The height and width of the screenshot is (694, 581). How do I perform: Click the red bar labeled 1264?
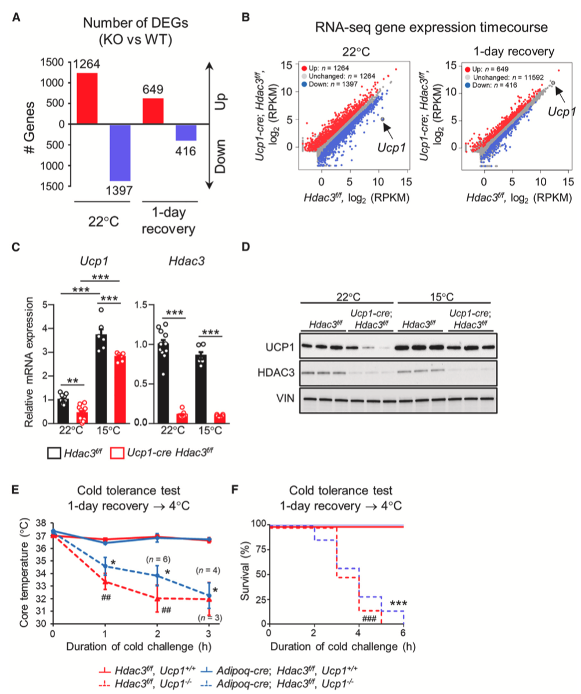pyautogui.click(x=88, y=98)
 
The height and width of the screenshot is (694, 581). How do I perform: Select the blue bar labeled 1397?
pyautogui.click(x=120, y=153)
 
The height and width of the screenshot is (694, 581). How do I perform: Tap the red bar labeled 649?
pyautogui.click(x=153, y=111)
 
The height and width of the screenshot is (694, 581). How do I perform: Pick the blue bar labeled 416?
pyautogui.click(x=186, y=133)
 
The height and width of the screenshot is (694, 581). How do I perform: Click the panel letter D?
pyautogui.click(x=245, y=246)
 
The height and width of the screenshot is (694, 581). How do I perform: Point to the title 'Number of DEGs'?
pyautogui.click(x=136, y=23)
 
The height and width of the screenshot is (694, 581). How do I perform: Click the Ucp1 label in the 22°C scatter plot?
pyautogui.click(x=391, y=147)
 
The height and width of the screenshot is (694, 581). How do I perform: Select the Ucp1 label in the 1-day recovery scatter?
pyautogui.click(x=561, y=111)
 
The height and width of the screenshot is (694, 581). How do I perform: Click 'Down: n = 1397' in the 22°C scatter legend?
pyautogui.click(x=333, y=84)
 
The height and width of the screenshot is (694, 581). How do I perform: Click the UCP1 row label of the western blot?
pyautogui.click(x=279, y=347)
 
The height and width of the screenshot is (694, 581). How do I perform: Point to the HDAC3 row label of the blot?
pyautogui.click(x=276, y=372)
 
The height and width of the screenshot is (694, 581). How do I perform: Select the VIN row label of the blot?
pyautogui.click(x=285, y=399)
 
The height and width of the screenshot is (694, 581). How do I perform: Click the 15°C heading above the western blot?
pyautogui.click(x=442, y=297)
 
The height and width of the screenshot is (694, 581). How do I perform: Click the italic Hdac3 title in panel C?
pyautogui.click(x=187, y=261)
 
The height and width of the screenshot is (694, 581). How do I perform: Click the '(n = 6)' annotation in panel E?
pyautogui.click(x=158, y=560)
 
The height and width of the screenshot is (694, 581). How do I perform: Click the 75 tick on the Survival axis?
pyautogui.click(x=259, y=549)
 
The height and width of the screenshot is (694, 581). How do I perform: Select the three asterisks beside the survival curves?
pyautogui.click(x=398, y=603)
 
